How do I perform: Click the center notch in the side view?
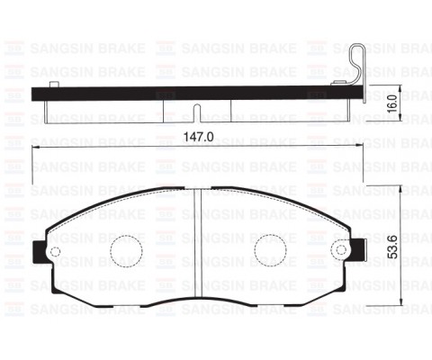196,112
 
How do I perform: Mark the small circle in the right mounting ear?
341,251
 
